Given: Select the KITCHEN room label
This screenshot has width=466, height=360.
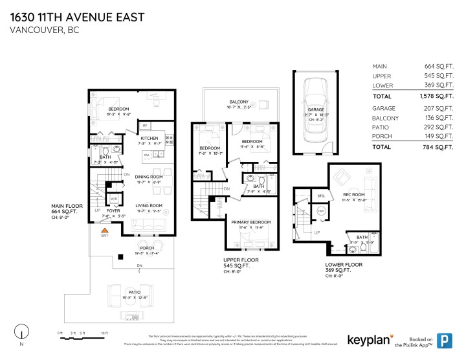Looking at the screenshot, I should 150,138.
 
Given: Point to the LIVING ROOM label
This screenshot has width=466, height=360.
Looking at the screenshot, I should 148,206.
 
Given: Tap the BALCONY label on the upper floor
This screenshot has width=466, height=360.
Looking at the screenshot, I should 239,102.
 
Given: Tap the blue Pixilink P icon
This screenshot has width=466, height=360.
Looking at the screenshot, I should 445,339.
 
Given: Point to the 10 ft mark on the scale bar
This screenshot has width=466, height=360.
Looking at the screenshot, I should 104,333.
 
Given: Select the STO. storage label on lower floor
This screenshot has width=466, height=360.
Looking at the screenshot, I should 321,195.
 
